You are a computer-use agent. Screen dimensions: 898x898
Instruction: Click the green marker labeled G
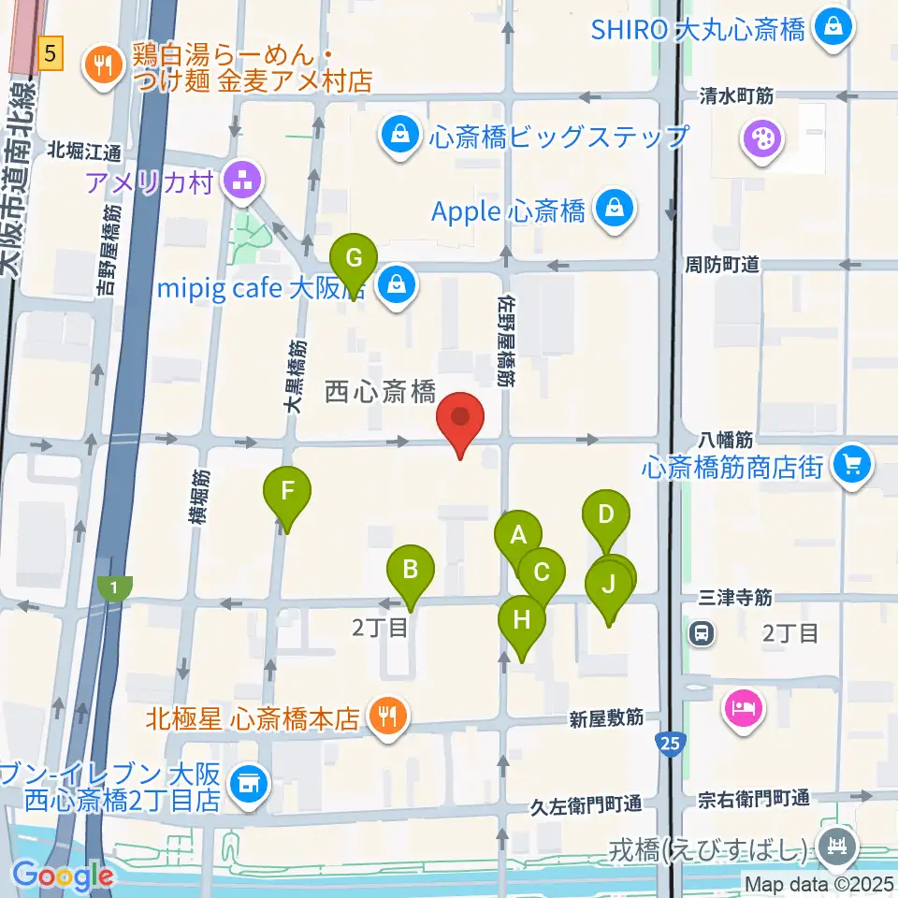[354, 259]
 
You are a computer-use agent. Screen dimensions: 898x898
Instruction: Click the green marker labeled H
[522, 621]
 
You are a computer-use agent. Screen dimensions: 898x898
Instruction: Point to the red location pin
[460, 420]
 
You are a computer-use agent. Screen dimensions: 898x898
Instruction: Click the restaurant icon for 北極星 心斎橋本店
[386, 717]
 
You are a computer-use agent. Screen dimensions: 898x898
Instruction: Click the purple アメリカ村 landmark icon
[242, 181]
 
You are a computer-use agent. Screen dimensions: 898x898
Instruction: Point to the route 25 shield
[670, 744]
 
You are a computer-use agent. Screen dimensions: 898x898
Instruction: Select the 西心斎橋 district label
[381, 392]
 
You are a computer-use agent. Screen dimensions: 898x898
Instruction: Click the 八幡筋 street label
[724, 438]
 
